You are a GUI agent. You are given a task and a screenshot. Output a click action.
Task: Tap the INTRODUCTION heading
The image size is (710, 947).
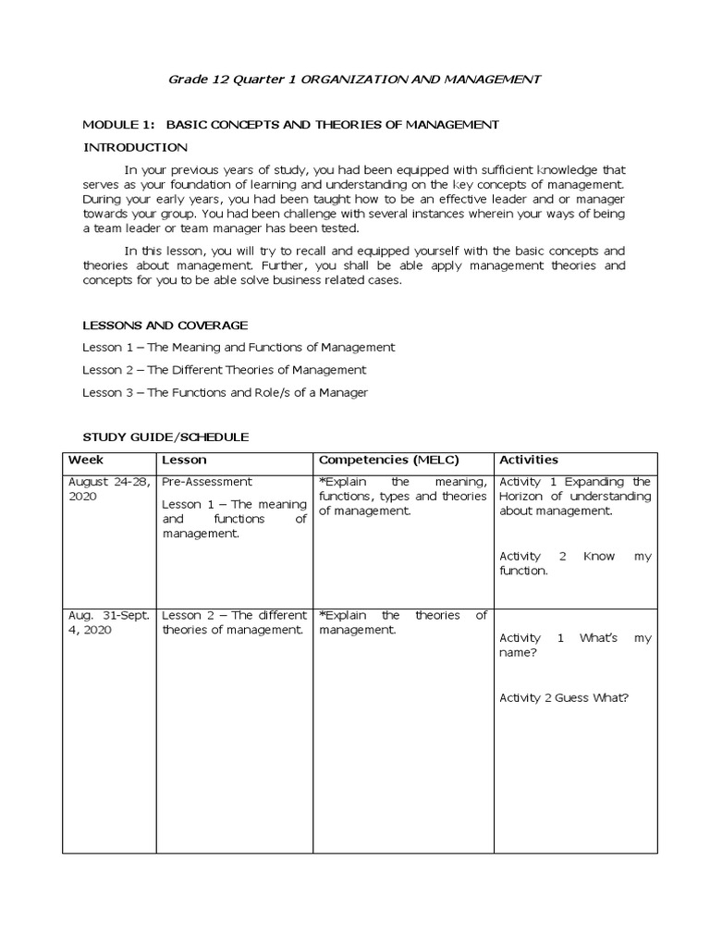(135, 147)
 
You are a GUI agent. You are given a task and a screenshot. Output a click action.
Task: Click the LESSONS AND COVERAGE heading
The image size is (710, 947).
(165, 325)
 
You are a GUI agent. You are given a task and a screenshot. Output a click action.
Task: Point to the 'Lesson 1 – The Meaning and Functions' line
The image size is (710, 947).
(239, 347)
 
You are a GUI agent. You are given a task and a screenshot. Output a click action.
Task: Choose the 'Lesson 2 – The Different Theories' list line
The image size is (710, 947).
(224, 369)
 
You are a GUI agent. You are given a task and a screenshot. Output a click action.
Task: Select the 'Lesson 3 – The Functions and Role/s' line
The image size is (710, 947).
(225, 392)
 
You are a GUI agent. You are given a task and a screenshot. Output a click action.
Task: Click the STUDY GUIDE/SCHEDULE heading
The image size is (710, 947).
(165, 437)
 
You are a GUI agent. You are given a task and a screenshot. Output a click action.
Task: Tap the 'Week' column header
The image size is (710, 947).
(86, 460)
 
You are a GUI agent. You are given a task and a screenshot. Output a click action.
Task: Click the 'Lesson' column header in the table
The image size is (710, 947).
(184, 460)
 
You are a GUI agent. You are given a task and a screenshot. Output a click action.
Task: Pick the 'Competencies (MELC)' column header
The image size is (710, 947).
(388, 460)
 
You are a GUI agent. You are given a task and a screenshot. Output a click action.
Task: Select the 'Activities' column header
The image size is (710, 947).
(529, 460)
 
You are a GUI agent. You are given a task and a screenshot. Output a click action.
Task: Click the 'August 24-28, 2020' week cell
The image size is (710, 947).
(106, 489)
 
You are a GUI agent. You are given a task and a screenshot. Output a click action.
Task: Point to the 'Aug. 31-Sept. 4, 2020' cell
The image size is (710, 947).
(106, 622)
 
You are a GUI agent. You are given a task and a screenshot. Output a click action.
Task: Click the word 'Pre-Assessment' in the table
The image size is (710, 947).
(206, 482)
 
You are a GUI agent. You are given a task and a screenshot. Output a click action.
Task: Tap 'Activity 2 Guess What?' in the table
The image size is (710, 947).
(564, 697)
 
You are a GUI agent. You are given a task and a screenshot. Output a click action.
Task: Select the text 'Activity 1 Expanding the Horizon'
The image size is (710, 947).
(574, 496)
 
